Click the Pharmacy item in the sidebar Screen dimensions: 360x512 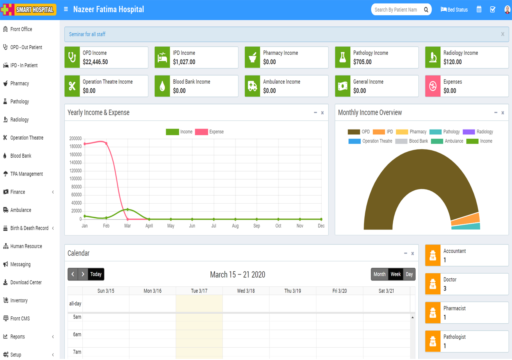click(20, 84)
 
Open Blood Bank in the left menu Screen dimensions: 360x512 click(20, 156)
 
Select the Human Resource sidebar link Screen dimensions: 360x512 click(26, 246)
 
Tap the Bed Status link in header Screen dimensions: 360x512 click(454, 10)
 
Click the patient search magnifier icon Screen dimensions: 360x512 click(426, 10)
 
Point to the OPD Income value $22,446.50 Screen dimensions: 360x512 click(95, 62)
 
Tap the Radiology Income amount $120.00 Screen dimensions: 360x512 click(452, 62)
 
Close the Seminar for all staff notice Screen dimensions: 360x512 click(502, 34)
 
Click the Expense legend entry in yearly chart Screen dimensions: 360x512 click(210, 132)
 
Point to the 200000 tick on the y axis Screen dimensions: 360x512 click(75, 139)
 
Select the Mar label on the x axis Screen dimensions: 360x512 click(128, 226)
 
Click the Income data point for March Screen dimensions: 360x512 click(128, 209)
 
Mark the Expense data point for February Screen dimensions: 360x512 click(106, 143)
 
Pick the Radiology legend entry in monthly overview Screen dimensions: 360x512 click(478, 132)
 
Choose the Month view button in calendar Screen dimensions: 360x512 click(379, 274)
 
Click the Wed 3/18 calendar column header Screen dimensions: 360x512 click(246, 291)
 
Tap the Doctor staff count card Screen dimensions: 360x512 click(466, 284)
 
